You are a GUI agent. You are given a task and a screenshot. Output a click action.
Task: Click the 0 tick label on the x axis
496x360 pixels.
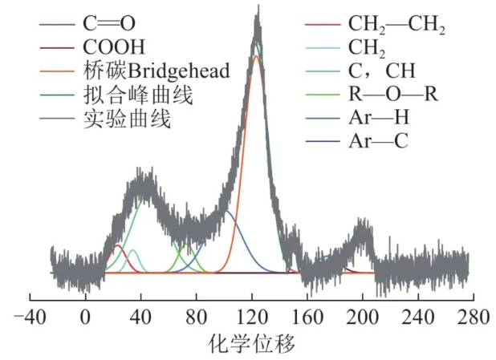[x=85, y=316]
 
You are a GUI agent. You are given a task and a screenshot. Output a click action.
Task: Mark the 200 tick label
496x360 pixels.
[x=363, y=316]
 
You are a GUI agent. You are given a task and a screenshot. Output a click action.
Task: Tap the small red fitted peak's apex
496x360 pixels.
[x=118, y=245]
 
